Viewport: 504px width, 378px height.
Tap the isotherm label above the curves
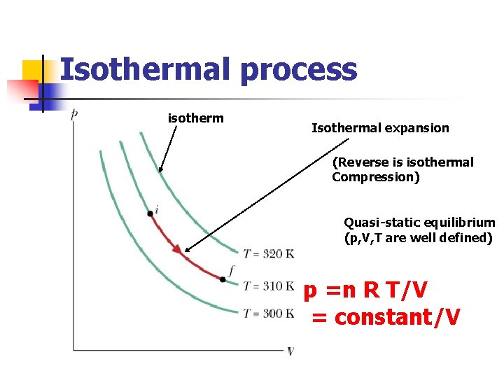point(195,118)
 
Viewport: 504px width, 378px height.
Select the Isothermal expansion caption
point(380,128)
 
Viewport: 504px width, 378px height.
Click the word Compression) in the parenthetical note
point(376,177)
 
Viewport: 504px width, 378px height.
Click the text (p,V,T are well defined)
point(419,238)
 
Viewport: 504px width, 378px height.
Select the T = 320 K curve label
point(268,253)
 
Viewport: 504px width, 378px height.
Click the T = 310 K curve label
point(268,286)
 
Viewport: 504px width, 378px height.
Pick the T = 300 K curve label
point(268,314)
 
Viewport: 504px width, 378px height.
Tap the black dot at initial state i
point(150,213)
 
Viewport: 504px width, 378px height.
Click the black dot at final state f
point(223,279)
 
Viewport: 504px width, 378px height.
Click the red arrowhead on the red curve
point(177,248)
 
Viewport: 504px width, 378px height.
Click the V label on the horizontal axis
point(290,351)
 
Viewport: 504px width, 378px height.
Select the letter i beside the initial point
point(157,209)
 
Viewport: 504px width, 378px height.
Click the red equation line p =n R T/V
point(365,290)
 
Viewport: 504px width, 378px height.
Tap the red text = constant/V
point(386,318)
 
